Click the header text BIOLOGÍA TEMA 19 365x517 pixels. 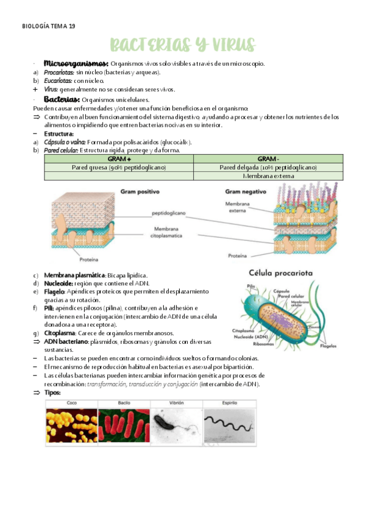[49, 26]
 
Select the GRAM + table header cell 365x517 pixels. [119, 159]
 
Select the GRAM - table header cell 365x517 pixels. [268, 159]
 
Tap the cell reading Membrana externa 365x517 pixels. [268, 176]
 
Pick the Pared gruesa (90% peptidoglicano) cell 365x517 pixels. [119, 167]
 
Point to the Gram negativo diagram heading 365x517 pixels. [244, 191]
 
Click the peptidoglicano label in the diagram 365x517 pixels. [169, 213]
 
